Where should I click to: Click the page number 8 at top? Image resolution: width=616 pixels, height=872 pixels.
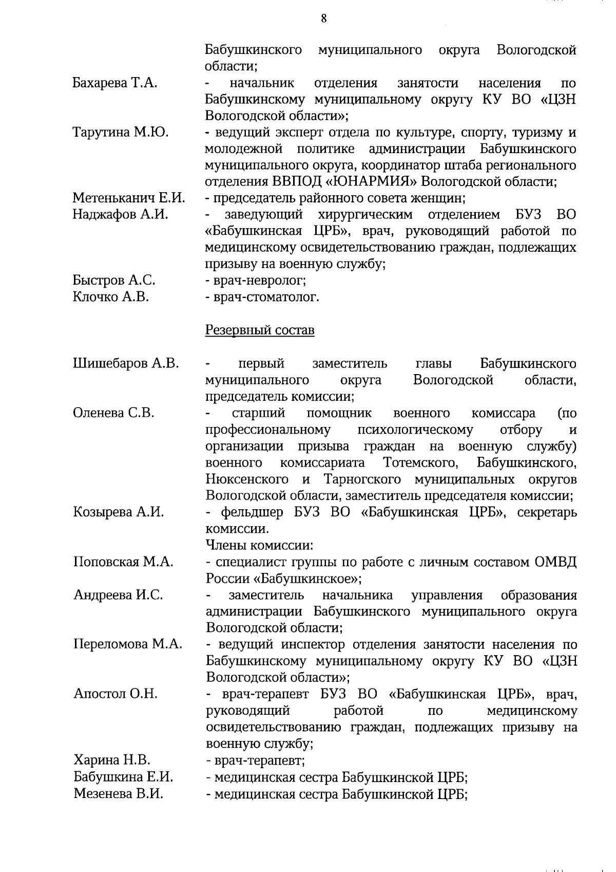(x=323, y=19)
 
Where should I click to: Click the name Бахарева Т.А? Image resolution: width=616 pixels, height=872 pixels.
(x=114, y=83)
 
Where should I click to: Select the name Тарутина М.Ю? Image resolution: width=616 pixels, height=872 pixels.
(x=121, y=132)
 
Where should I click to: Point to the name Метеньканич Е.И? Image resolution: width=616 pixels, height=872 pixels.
(x=128, y=198)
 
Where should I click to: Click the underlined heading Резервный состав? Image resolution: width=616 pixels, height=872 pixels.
(x=260, y=330)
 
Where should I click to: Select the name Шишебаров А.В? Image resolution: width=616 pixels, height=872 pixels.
(x=126, y=363)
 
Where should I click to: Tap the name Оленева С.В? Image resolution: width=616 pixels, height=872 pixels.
(x=113, y=413)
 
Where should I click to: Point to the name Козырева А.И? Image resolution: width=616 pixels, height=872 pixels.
(x=118, y=512)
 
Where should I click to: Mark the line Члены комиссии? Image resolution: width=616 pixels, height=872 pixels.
(x=260, y=545)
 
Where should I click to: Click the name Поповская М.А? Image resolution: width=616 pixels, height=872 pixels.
(x=123, y=562)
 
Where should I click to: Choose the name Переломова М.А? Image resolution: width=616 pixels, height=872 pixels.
(x=128, y=644)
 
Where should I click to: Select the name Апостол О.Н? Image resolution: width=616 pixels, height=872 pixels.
(x=115, y=694)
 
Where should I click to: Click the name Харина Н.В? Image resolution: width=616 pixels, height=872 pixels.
(x=112, y=760)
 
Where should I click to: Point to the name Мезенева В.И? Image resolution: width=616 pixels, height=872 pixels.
(x=119, y=793)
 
